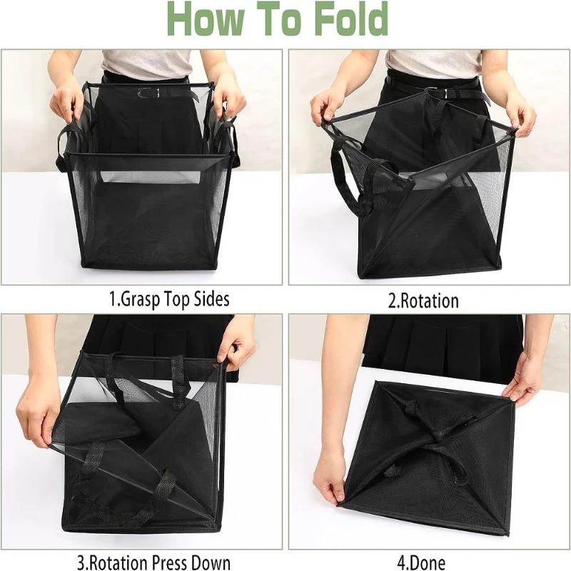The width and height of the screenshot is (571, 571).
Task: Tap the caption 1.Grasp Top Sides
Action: [169, 298]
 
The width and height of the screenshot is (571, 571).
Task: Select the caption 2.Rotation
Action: [423, 300]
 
